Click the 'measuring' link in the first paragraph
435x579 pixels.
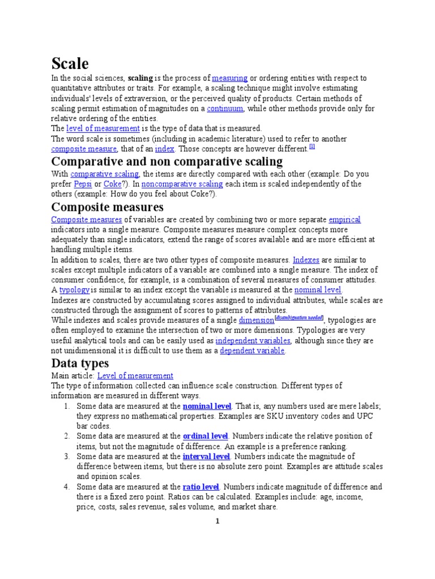coord(229,78)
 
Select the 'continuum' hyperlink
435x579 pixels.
coord(225,108)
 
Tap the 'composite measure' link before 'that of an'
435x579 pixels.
coord(84,149)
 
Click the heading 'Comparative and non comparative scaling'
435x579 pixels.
coord(167,162)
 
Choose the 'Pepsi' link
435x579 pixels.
coord(83,184)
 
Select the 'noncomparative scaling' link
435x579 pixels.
coord(182,184)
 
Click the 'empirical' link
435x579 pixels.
coord(344,219)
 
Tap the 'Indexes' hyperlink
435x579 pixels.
coord(306,260)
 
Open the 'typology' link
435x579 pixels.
coord(74,289)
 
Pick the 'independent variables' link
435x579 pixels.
coord(253,340)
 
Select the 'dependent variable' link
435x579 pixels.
coord(252,351)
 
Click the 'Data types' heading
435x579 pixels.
coord(80,362)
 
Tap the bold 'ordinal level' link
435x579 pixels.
coord(205,436)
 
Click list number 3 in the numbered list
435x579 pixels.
coord(66,456)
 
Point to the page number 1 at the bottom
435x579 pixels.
coord(216,521)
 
